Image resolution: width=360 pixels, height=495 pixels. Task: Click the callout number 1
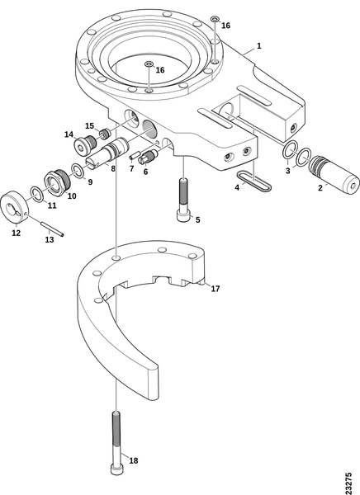point(259,45)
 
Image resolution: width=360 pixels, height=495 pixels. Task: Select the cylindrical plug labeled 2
point(334,175)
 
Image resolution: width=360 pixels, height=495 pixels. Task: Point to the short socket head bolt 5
point(183,200)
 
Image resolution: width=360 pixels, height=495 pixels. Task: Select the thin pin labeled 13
point(53,229)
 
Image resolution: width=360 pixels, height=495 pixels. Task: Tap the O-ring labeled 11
point(36,194)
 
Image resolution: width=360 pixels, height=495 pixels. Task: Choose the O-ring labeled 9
point(78,170)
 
